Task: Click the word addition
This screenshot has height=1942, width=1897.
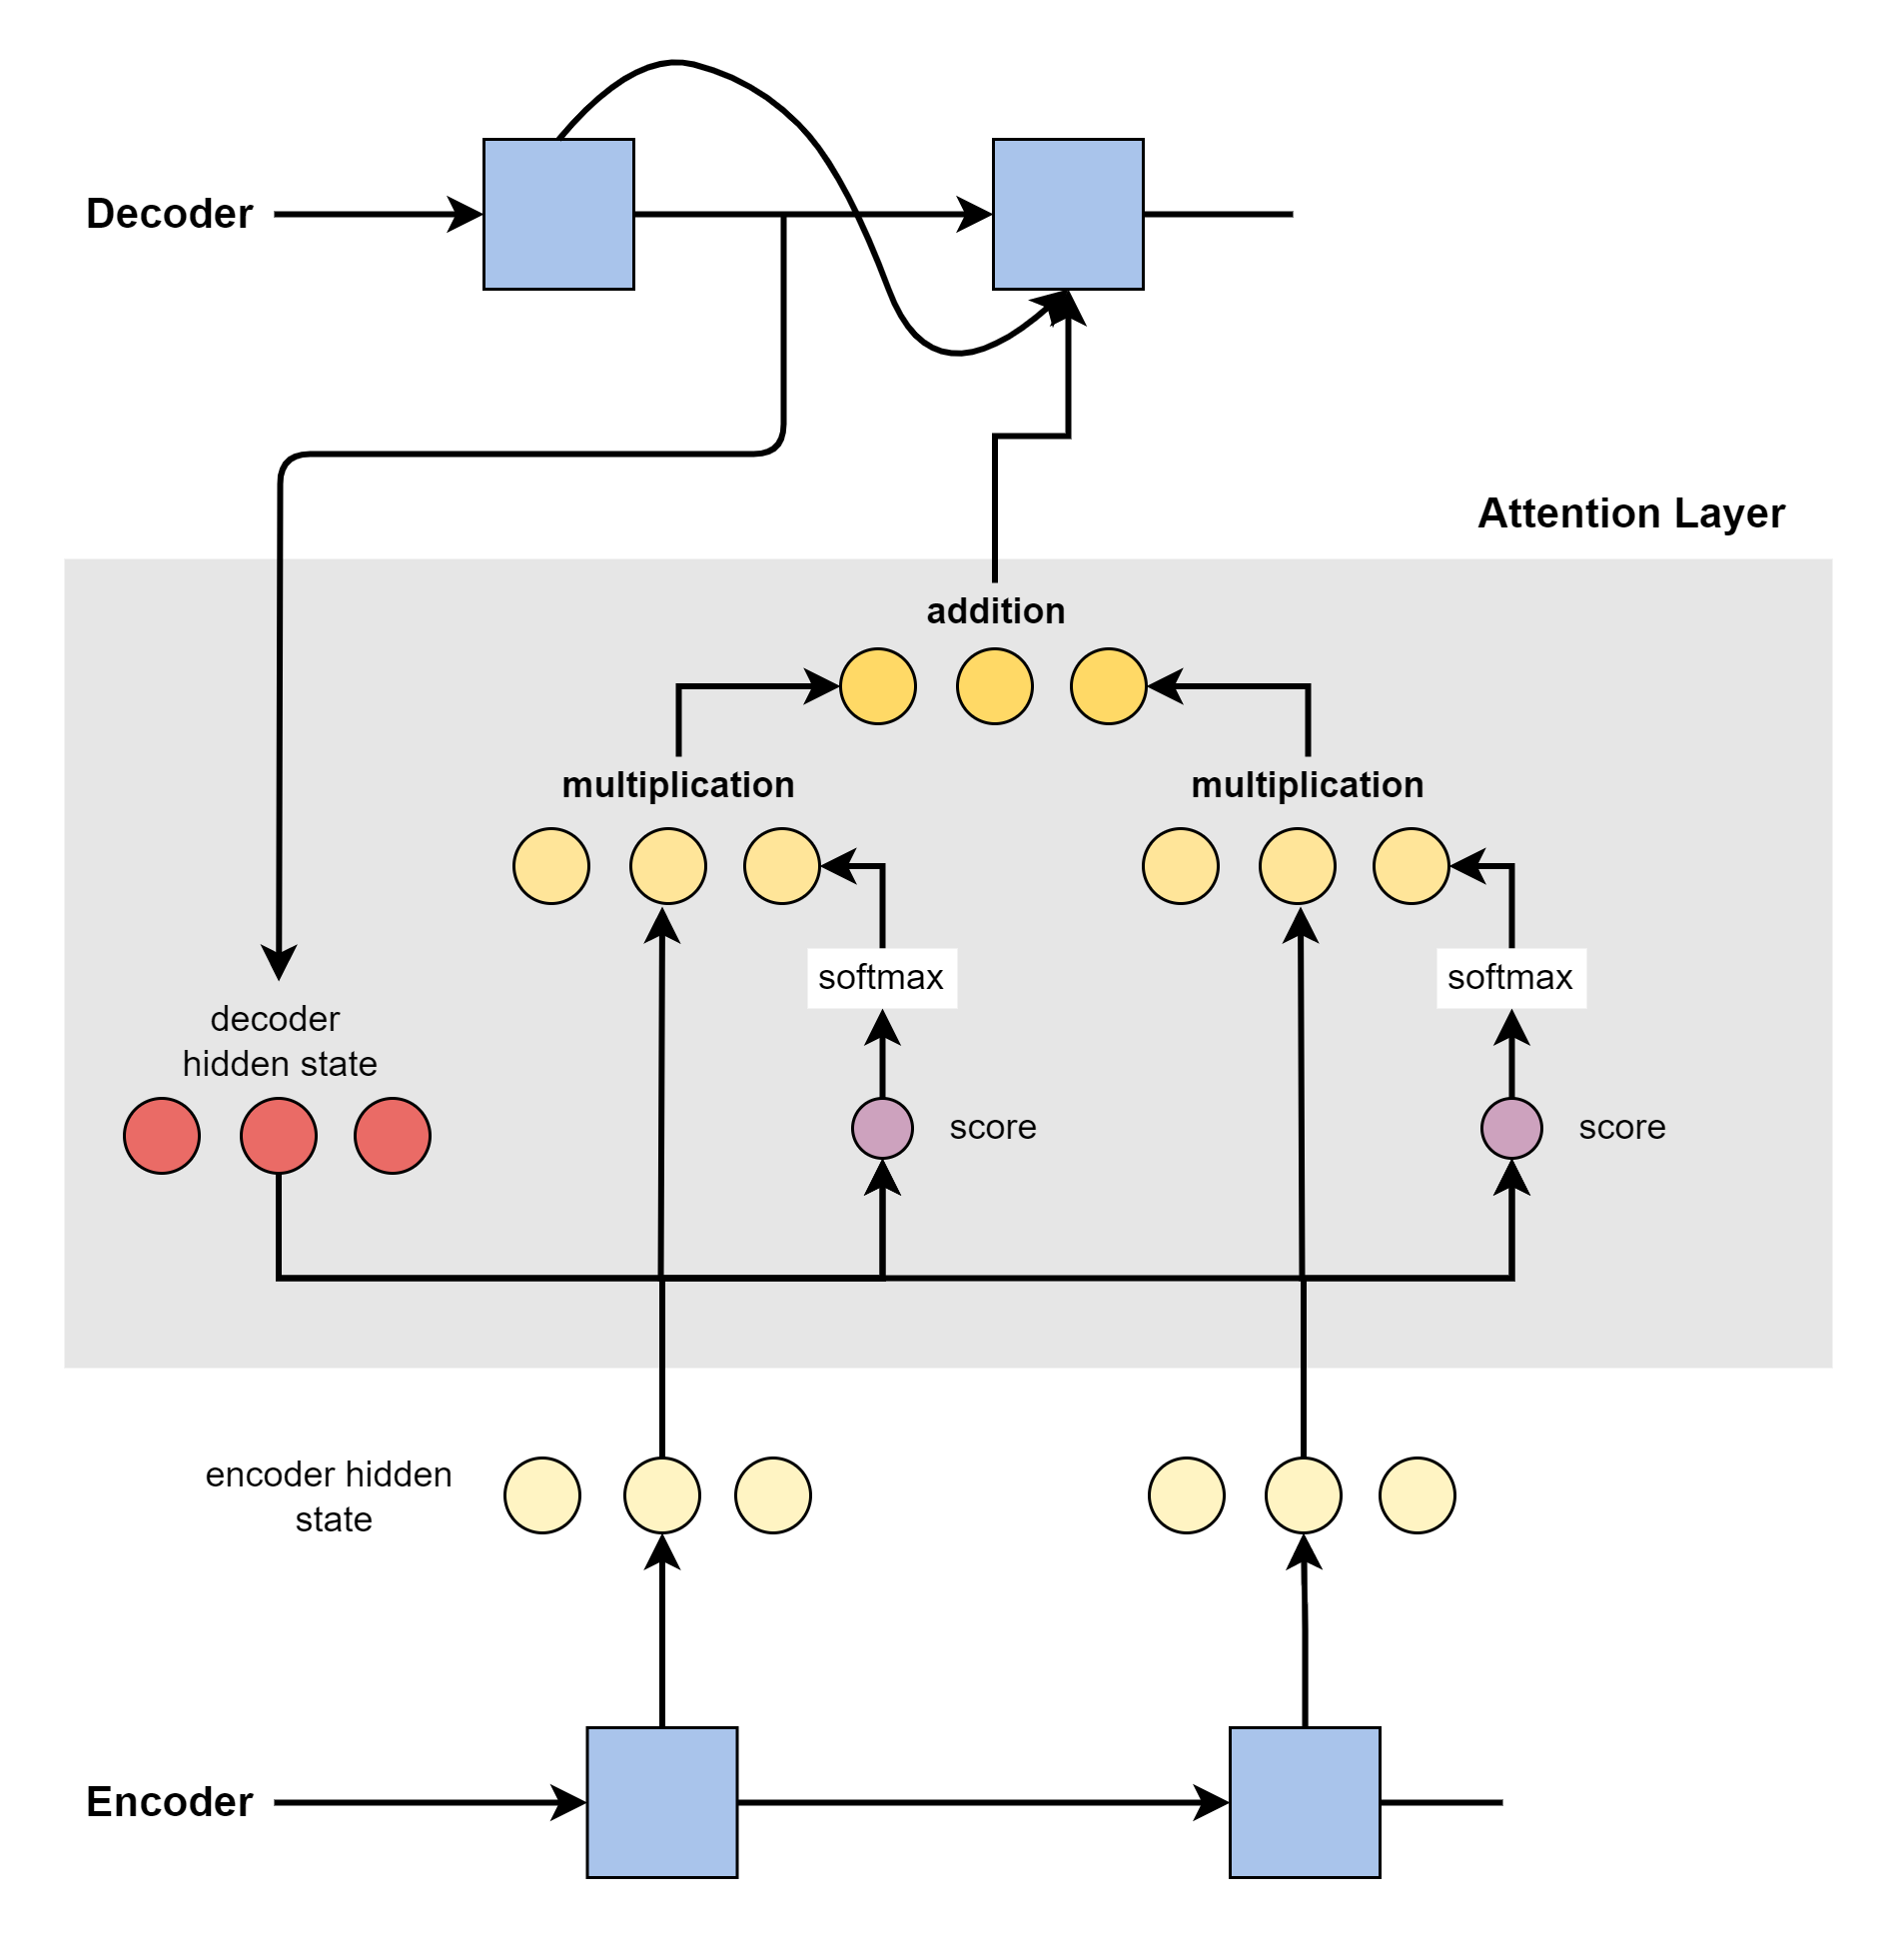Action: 995,610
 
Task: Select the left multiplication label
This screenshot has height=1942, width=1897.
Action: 677,785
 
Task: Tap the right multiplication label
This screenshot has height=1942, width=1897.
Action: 1307,785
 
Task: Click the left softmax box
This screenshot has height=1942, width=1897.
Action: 881,978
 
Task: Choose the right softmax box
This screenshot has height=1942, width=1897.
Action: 1510,978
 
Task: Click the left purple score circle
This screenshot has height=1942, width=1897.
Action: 882,1128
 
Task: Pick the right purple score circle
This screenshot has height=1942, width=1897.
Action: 1511,1128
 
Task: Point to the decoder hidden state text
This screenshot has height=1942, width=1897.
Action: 279,1041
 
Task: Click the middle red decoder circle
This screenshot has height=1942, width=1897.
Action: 279,1136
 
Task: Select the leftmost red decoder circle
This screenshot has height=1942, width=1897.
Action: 162,1136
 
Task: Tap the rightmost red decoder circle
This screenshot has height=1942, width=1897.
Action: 393,1136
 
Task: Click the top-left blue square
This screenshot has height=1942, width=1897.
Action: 558,214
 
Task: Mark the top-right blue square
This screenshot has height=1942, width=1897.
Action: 1068,214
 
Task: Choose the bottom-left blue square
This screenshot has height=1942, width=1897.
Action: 662,1802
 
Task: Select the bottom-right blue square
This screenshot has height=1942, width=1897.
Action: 1305,1802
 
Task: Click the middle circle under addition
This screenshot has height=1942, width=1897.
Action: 994,686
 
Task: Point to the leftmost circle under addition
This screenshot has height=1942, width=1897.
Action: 878,686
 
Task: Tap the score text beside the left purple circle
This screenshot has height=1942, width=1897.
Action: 993,1128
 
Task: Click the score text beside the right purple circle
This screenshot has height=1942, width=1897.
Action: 1622,1128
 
